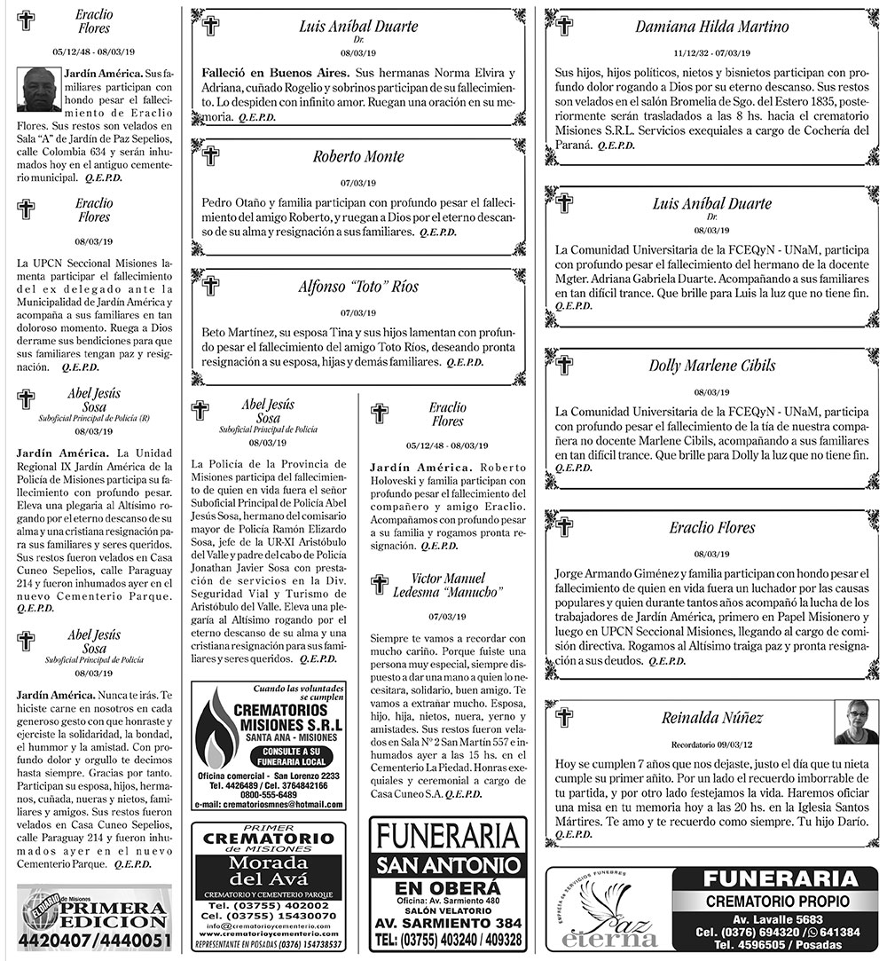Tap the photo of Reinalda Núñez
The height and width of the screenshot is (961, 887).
[x=856, y=722]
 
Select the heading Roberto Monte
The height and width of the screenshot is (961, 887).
[x=358, y=157]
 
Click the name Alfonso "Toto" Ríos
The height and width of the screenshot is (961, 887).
[x=358, y=287]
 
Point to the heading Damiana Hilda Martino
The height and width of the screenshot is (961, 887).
[x=711, y=27]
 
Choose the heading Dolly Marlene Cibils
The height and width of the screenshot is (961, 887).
[x=711, y=366]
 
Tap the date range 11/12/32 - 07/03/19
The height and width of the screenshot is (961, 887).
[x=711, y=52]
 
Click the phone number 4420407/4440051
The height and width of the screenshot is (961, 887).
[x=94, y=940]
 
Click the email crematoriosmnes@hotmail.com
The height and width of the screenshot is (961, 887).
[x=269, y=804]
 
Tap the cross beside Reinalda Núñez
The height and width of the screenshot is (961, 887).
[x=564, y=717]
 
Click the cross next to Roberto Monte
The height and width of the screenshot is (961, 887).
[x=210, y=156]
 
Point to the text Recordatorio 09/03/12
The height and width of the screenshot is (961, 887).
[x=711, y=744]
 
